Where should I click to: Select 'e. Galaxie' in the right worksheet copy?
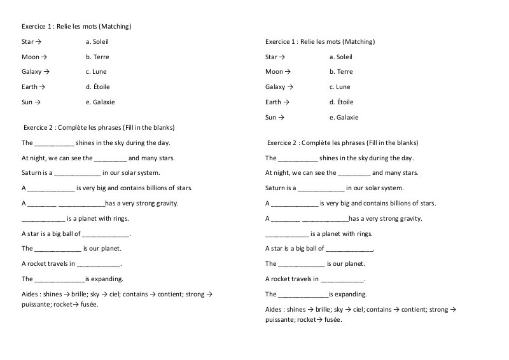tap(344, 117)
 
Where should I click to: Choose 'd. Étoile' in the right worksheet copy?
tap(342, 102)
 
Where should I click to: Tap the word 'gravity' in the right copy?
tap(410, 218)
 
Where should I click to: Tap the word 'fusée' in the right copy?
tap(333, 319)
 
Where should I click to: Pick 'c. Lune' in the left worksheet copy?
tap(96, 72)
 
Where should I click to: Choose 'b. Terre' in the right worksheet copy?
tap(341, 72)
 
